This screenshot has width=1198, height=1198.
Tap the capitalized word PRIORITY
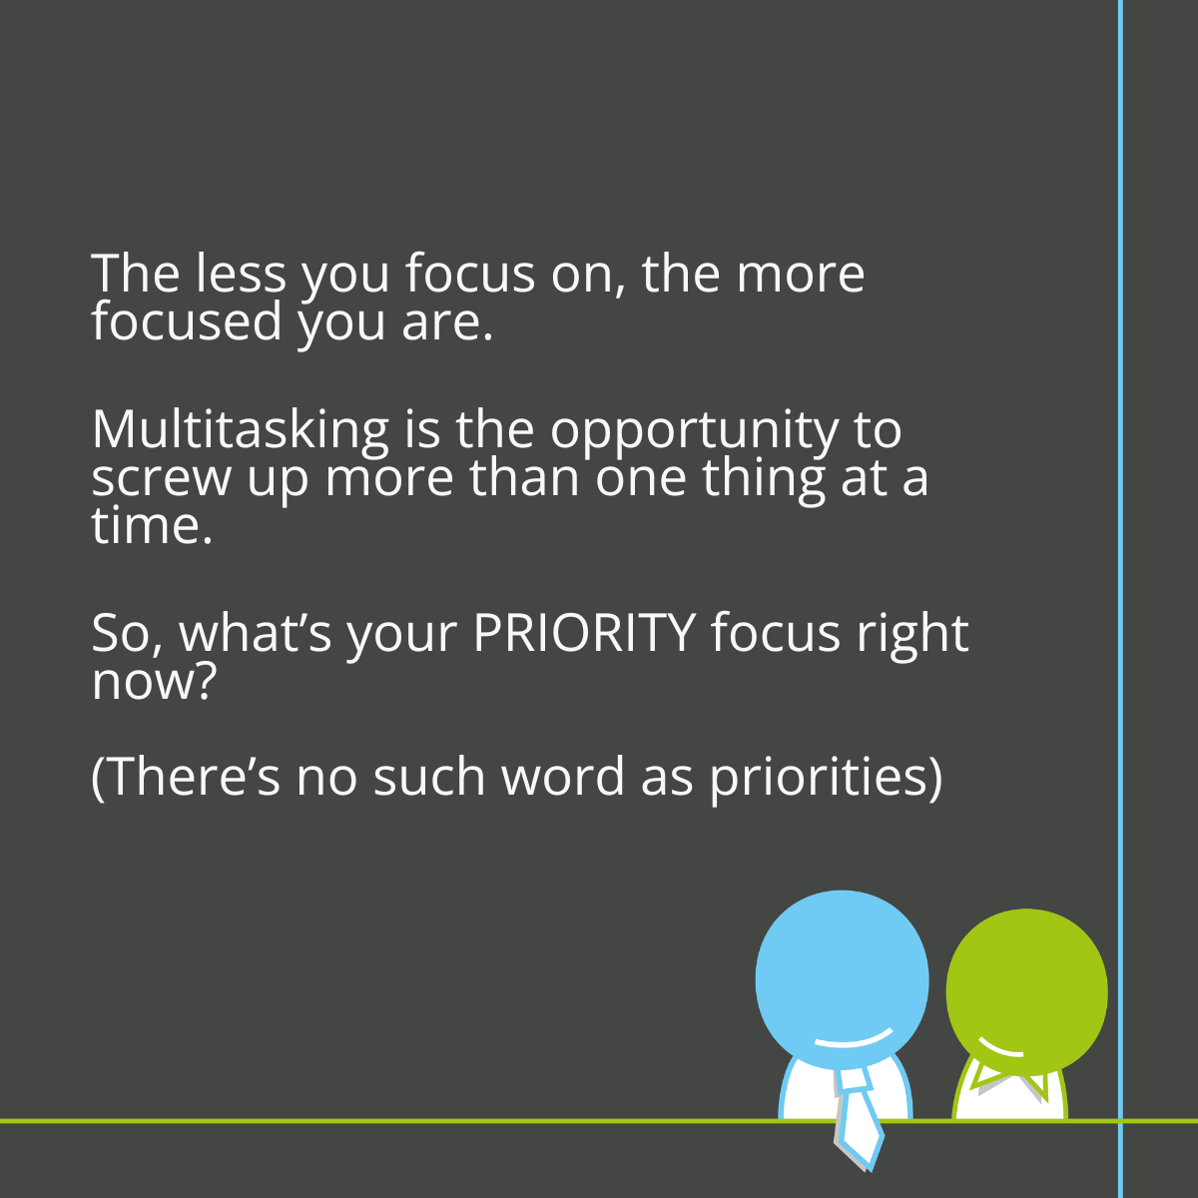coord(584,634)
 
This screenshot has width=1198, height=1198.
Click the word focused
coord(187,321)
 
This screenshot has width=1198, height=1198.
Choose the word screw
coord(162,481)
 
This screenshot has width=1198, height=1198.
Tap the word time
coord(153,527)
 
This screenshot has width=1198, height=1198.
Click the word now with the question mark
coord(153,682)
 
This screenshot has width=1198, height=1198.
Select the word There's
coord(192,776)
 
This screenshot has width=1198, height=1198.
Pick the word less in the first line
coord(241,273)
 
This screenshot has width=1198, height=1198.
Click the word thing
coord(764,481)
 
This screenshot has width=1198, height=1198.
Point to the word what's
coord(256,634)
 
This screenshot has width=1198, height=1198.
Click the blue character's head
coord(842,980)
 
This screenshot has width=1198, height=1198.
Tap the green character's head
coord(1026,992)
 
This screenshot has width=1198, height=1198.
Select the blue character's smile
coord(853,1039)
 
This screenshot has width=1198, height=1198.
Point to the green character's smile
coord(1000,1048)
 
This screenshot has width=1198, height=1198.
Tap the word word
coord(563,776)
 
